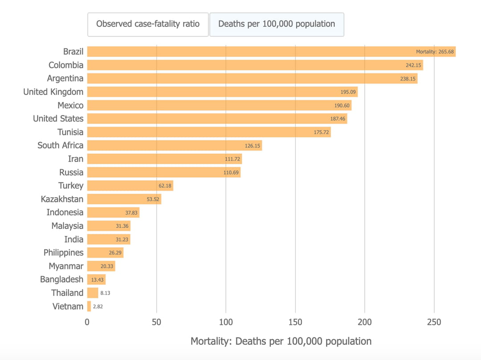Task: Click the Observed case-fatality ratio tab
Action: coord(148,24)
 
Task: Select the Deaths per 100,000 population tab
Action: coord(277,24)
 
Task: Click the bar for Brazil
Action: coord(249,52)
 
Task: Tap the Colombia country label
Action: coord(66,65)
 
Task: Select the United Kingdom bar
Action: coord(214,92)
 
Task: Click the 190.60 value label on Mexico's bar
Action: coord(342,105)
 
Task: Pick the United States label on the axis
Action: coord(58,118)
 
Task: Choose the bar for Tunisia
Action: coord(200,132)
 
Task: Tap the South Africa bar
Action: coord(169,146)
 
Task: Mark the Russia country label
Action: coord(71,172)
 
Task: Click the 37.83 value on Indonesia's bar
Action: coord(131,213)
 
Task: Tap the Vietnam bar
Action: coord(89,306)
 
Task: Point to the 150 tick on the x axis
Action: coord(295,322)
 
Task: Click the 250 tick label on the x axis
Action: coord(434,322)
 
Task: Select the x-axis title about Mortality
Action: coord(281,341)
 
